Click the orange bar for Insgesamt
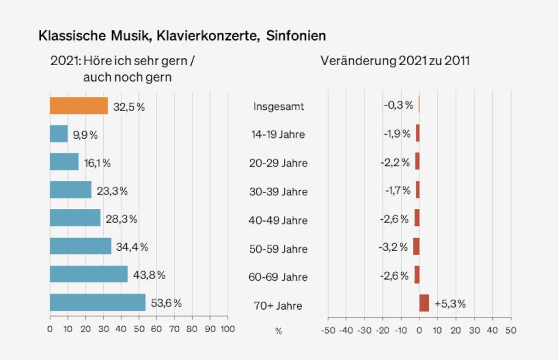coord(79,106)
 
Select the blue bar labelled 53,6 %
coord(97,303)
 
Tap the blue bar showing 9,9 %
coord(59,134)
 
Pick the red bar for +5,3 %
coord(424,303)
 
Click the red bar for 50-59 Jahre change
coord(416,246)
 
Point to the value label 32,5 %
coord(129,107)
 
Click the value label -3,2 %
coord(393,247)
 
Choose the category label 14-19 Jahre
coord(279,135)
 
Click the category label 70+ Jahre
coord(279,305)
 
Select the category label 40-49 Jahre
coord(279,220)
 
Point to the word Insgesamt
coord(278,106)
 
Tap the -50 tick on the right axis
coord(327,330)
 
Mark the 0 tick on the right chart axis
coord(419,330)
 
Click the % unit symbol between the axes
coord(278,331)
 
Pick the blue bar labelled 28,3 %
coord(75,218)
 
